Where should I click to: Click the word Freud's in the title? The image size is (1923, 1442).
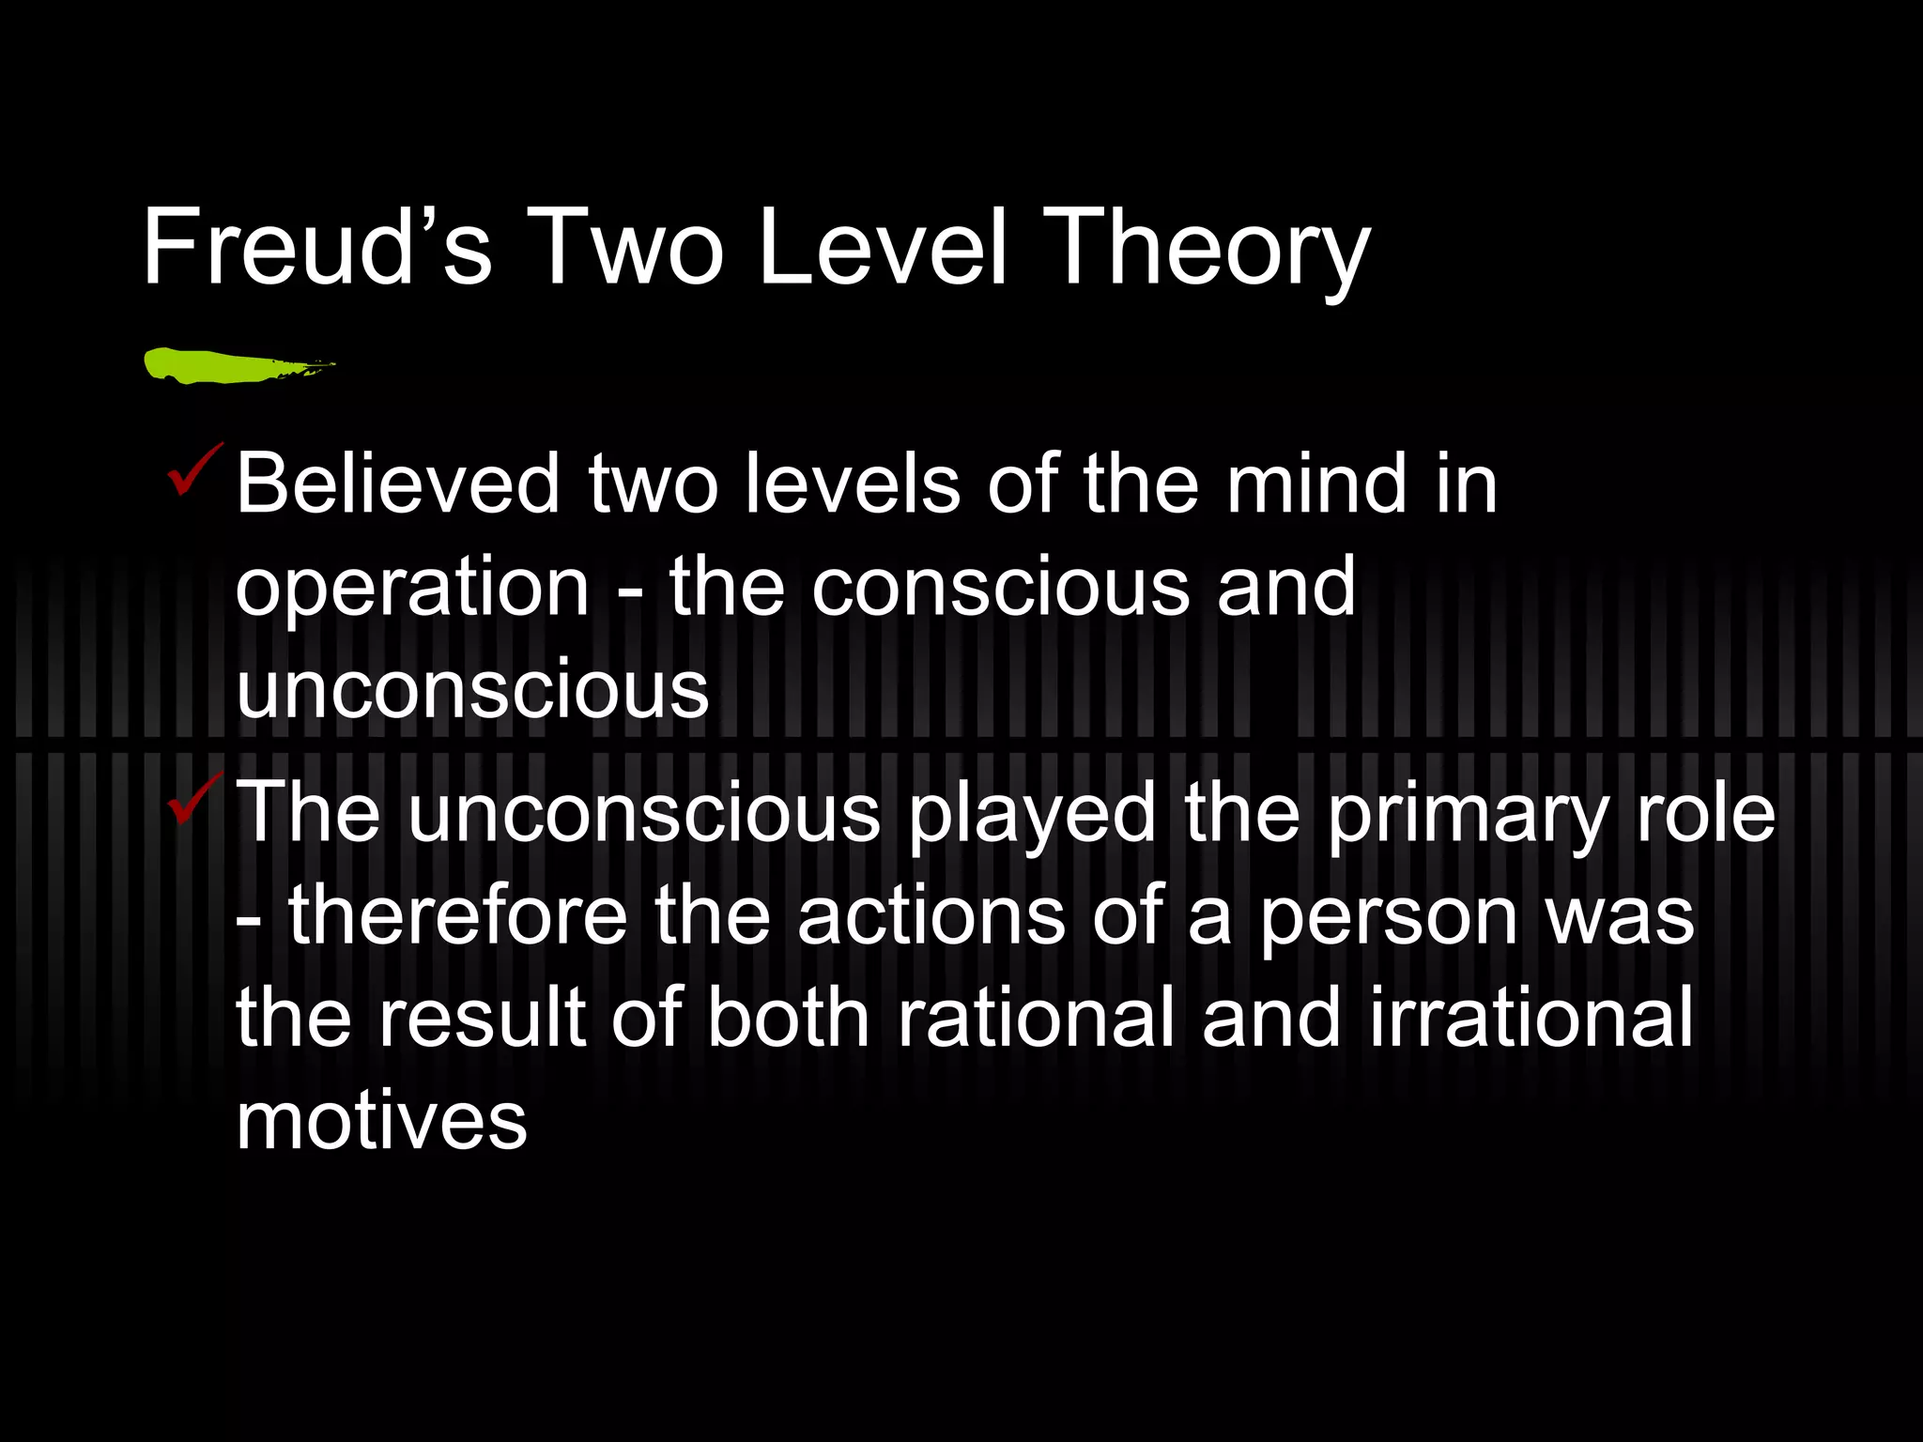(x=316, y=248)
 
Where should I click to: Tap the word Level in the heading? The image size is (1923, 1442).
(x=883, y=248)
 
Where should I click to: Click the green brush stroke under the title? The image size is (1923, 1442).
(x=235, y=365)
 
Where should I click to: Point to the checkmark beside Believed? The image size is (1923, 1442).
(x=194, y=470)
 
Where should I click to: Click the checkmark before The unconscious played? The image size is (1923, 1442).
(x=194, y=799)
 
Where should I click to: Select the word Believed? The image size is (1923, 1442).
(x=397, y=484)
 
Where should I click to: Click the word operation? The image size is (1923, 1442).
(x=411, y=590)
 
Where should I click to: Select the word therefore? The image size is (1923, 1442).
(x=458, y=916)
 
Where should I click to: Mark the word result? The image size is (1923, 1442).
(x=483, y=1020)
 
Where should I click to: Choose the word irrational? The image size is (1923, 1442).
(x=1531, y=1020)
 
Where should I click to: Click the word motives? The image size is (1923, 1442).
(x=381, y=1123)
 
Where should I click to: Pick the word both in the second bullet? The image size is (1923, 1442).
(x=788, y=1020)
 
